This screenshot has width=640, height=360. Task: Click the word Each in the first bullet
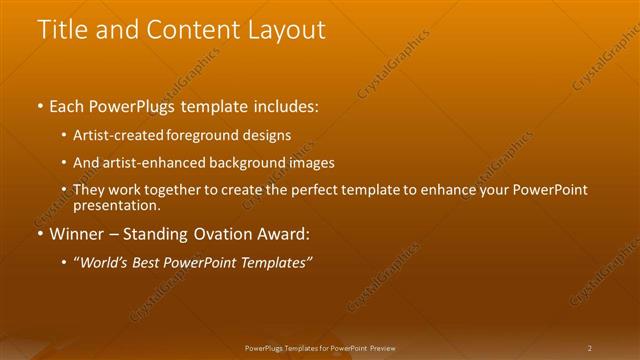pyautogui.click(x=68, y=105)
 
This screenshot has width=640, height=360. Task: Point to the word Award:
pyautogui.click(x=289, y=235)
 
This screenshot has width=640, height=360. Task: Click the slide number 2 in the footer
pyautogui.click(x=590, y=348)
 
